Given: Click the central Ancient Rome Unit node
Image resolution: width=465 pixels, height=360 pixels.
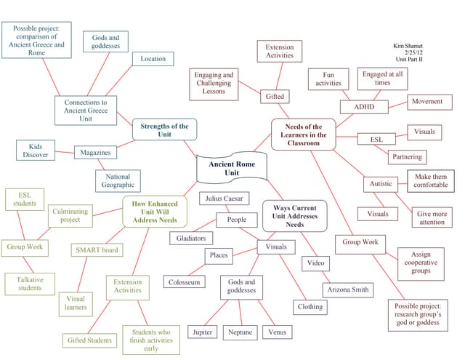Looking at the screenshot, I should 232,169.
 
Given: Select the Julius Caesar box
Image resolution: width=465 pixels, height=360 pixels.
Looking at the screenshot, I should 225,198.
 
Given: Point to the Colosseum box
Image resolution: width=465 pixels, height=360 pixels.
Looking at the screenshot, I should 185,281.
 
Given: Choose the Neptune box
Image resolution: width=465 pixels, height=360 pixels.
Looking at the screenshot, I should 240,332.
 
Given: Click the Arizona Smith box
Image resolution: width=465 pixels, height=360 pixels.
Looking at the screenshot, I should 348,289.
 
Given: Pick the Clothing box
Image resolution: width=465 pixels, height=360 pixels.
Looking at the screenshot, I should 310,307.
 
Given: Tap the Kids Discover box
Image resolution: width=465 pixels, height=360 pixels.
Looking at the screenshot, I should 36,150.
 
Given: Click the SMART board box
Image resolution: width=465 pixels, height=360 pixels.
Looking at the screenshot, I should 97,250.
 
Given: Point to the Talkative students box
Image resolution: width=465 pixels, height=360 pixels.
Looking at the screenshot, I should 31,284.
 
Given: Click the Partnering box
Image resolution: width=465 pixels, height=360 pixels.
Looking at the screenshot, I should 407,156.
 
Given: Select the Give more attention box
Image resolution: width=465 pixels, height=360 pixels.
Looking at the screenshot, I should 432,218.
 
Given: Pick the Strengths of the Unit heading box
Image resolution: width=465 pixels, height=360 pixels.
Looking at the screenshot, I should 164,130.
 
